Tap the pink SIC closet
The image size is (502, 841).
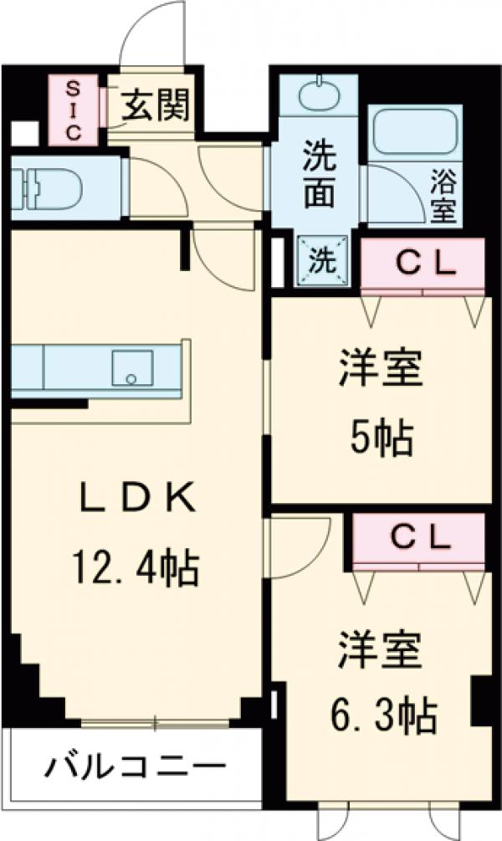pos(71,110)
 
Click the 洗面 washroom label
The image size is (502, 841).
pos(319,175)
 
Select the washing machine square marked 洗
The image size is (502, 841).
pos(321,260)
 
